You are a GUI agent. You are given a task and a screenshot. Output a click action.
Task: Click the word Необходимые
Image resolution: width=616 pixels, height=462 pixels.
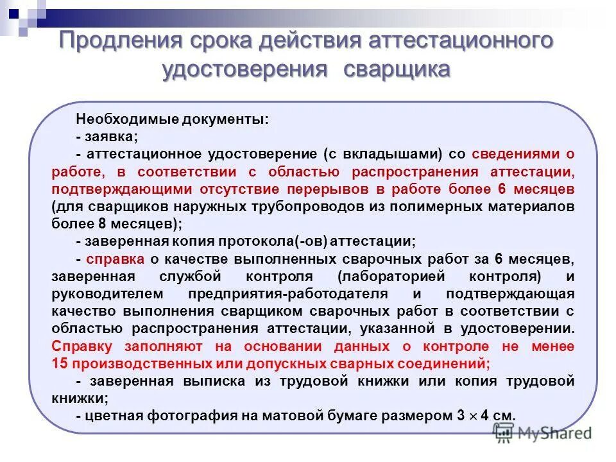coord(119,119)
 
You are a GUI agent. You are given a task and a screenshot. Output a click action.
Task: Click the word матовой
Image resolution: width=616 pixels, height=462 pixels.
coord(288,415)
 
